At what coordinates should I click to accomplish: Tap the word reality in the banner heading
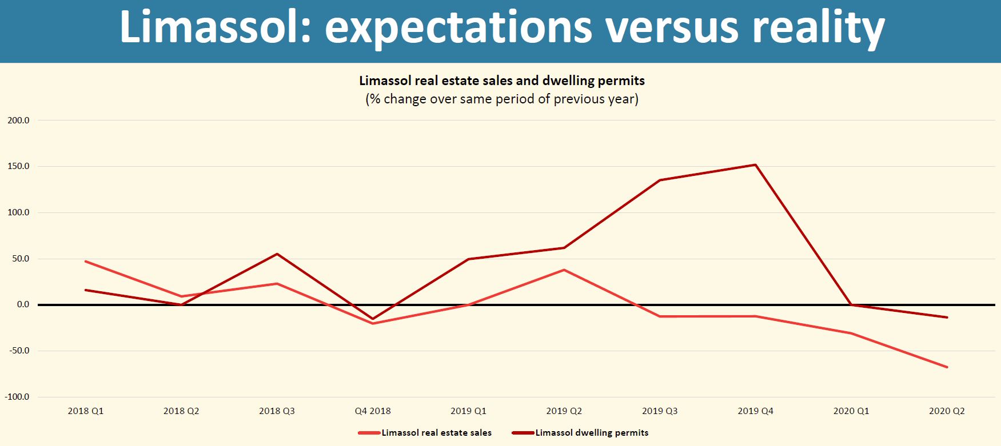pos(818,27)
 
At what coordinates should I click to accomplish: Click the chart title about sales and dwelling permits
pos(501,81)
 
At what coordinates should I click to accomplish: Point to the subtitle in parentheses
pos(501,99)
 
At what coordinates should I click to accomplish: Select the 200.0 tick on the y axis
pos(18,120)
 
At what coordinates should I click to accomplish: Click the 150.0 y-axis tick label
pos(18,166)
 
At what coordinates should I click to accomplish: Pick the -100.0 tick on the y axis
pos(17,397)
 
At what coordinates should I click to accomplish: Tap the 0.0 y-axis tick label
pos(23,304)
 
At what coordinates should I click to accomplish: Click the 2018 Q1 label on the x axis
pos(86,411)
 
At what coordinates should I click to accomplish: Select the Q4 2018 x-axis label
pos(373,411)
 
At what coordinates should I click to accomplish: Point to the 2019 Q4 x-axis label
pos(755,411)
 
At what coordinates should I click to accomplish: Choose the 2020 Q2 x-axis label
pos(947,411)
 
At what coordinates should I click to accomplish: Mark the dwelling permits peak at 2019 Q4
pos(755,165)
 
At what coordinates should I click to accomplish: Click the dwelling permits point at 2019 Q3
pos(660,180)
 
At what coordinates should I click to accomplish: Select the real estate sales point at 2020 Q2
pos(947,367)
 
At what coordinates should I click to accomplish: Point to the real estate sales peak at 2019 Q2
pos(564,270)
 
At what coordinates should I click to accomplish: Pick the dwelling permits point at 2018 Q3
pos(277,254)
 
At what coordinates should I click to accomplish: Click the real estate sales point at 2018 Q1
pos(86,262)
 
